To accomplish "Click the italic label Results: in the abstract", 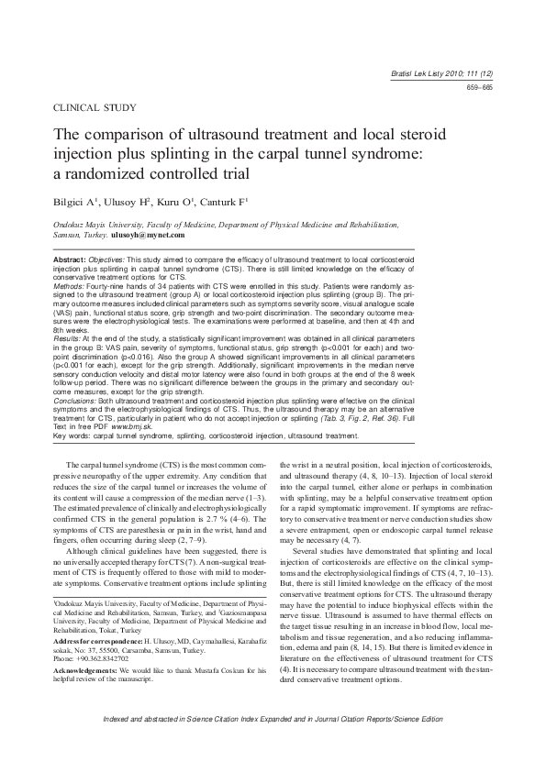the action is (72, 314).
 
